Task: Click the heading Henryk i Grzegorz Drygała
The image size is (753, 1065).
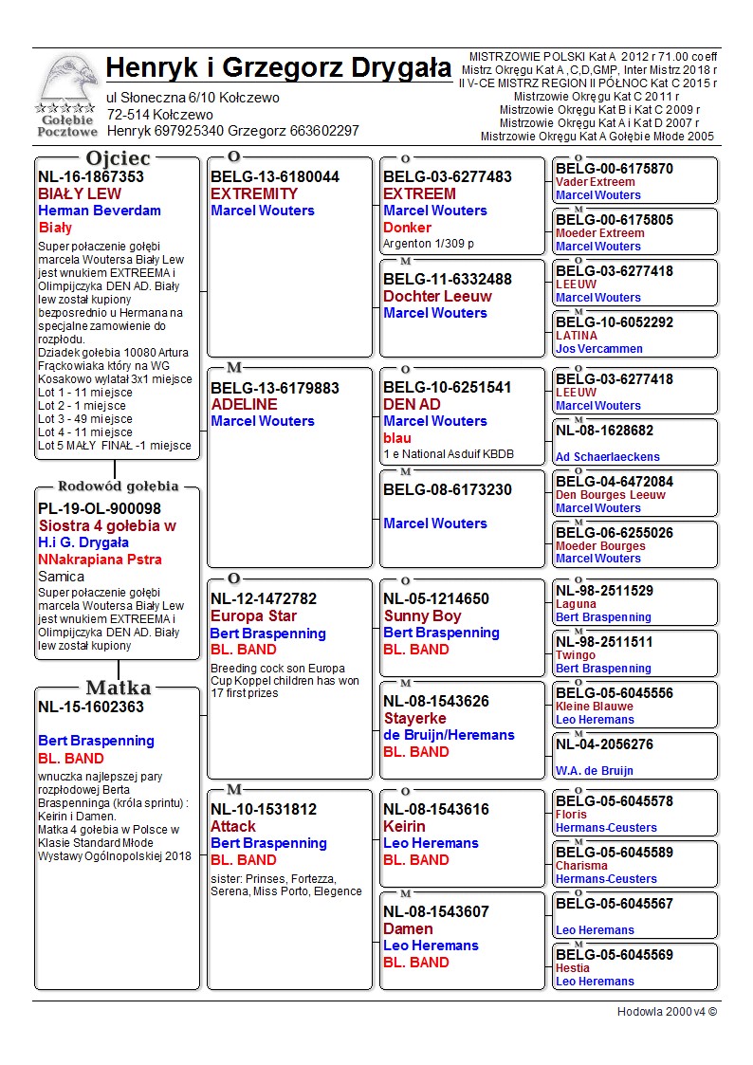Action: click(279, 68)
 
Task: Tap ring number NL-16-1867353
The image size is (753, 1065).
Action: click(91, 176)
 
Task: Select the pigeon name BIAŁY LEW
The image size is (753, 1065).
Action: click(80, 193)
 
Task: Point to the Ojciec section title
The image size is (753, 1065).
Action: click(118, 158)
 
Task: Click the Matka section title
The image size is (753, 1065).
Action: click(118, 688)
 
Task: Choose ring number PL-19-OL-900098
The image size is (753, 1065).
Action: click(100, 509)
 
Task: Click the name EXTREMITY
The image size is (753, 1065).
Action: click(254, 193)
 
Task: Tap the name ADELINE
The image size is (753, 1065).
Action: click(244, 404)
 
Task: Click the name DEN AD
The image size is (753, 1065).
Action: click(412, 404)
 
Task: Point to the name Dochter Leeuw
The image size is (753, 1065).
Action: click(437, 296)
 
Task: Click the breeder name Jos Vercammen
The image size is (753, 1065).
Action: click(599, 349)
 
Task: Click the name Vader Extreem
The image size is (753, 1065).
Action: click(596, 182)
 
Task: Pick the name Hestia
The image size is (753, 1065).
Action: click(573, 968)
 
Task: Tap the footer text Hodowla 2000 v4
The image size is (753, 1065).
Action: click(667, 1012)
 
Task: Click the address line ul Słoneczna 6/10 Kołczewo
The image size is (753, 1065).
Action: click(193, 98)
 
